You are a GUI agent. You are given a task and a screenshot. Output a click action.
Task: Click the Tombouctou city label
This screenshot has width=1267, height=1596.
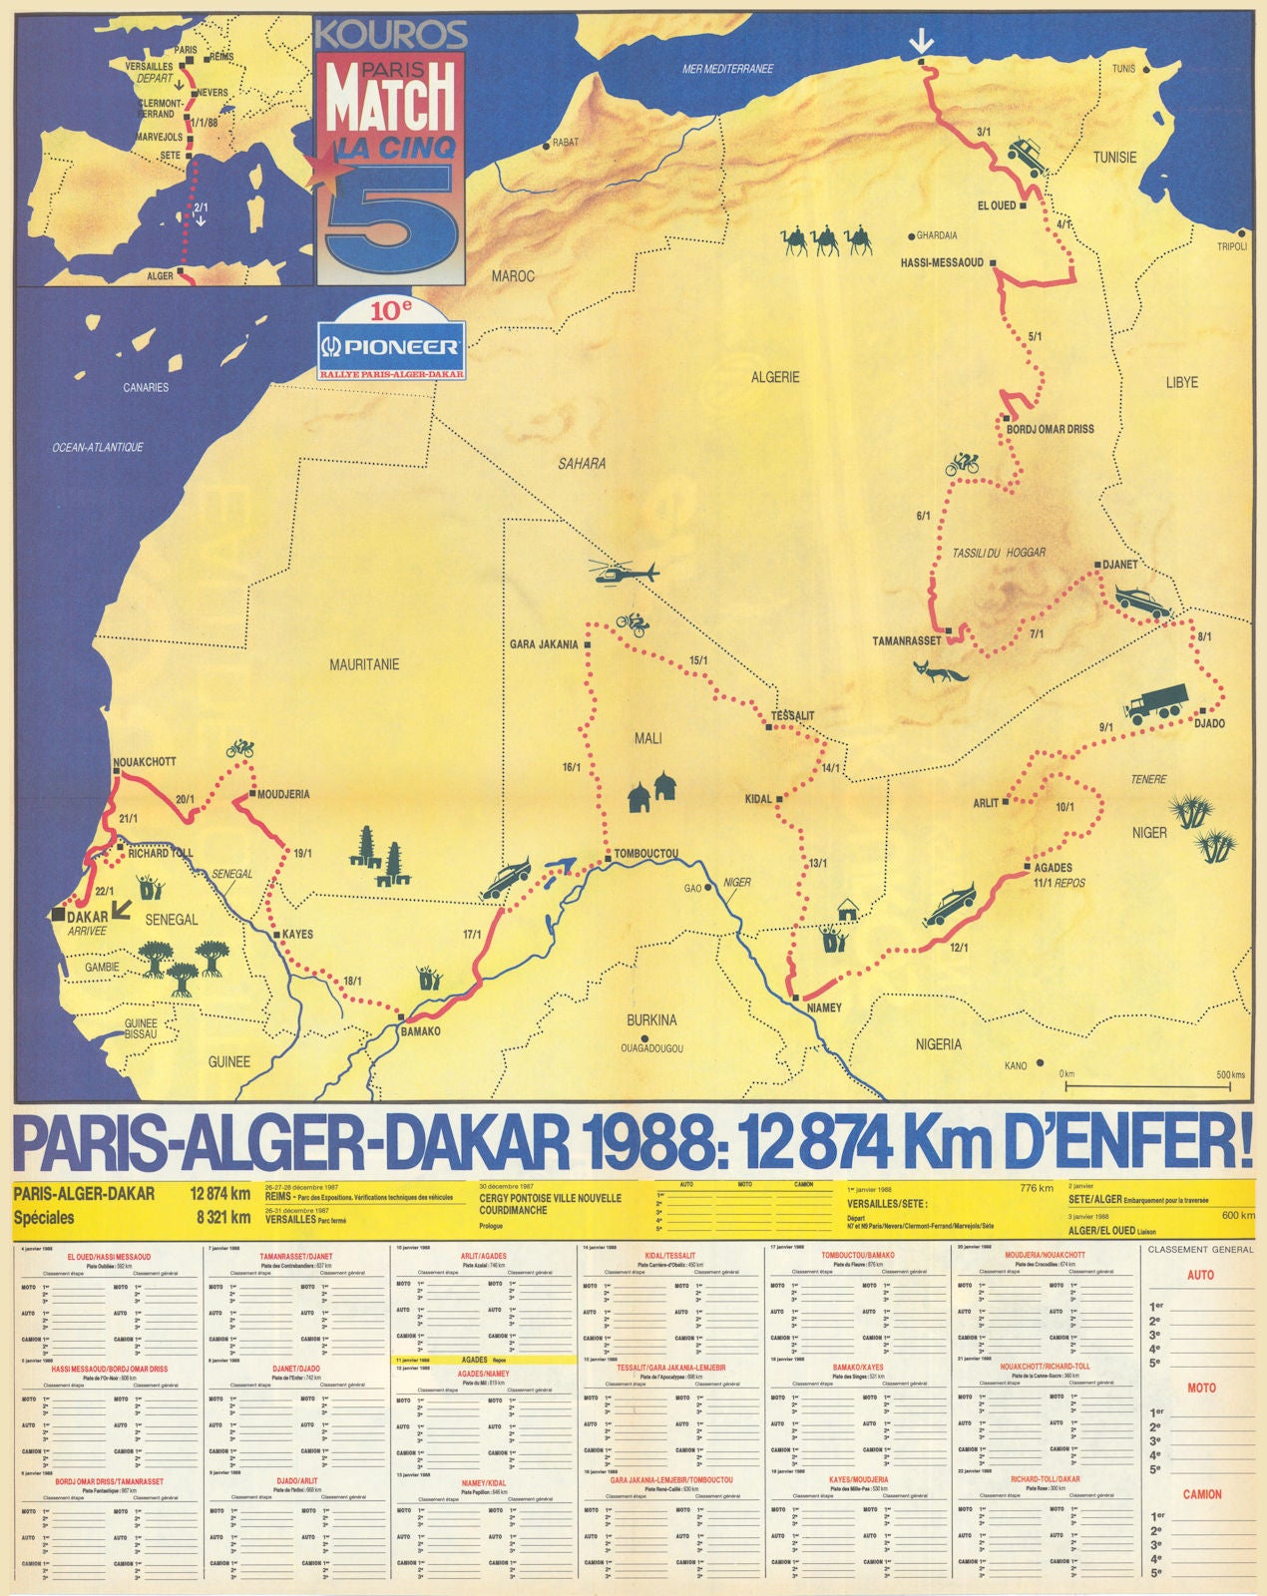(x=646, y=854)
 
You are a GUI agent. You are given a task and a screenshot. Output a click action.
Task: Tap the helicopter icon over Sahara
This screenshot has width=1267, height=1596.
(x=625, y=574)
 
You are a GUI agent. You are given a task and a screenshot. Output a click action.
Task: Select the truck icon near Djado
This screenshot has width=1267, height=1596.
(x=1157, y=702)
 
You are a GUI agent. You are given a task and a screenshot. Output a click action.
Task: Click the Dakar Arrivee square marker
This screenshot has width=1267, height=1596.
(x=59, y=914)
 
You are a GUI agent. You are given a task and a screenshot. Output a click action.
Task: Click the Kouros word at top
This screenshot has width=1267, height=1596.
(x=390, y=36)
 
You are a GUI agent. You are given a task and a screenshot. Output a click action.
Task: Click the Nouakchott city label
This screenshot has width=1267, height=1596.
(x=145, y=762)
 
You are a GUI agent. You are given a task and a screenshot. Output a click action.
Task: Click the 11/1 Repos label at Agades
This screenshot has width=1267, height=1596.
(x=1059, y=883)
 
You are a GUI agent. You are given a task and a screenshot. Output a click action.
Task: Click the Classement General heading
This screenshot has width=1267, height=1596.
(x=1200, y=1249)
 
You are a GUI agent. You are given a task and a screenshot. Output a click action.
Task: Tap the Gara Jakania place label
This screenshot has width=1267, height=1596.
(x=544, y=644)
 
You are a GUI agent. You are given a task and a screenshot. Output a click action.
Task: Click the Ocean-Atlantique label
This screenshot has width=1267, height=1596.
(x=98, y=447)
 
